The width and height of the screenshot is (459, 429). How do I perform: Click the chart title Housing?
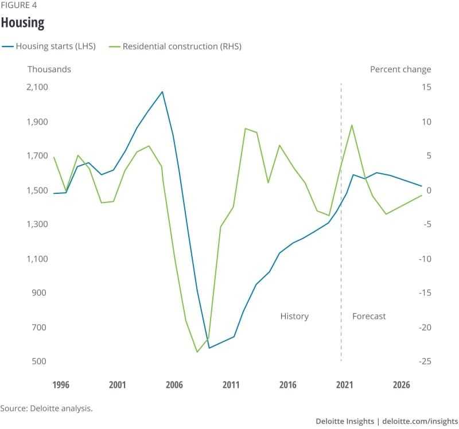[x=22, y=23]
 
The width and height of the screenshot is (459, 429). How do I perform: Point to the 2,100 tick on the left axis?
[x=37, y=87]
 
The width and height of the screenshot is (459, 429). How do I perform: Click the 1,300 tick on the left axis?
[x=37, y=224]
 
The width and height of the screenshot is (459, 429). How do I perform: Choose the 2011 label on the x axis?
[x=231, y=385]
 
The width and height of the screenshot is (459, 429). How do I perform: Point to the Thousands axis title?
[x=49, y=69]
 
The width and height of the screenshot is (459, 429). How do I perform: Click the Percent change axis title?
[x=400, y=69]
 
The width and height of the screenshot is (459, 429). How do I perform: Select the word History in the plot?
[x=294, y=316]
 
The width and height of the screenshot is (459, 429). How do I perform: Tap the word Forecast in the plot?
[x=369, y=316]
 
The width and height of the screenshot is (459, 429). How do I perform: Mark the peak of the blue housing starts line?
[x=162, y=91]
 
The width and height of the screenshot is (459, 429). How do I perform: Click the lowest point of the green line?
[x=197, y=352]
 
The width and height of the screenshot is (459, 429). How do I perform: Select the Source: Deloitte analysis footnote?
[x=46, y=408]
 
